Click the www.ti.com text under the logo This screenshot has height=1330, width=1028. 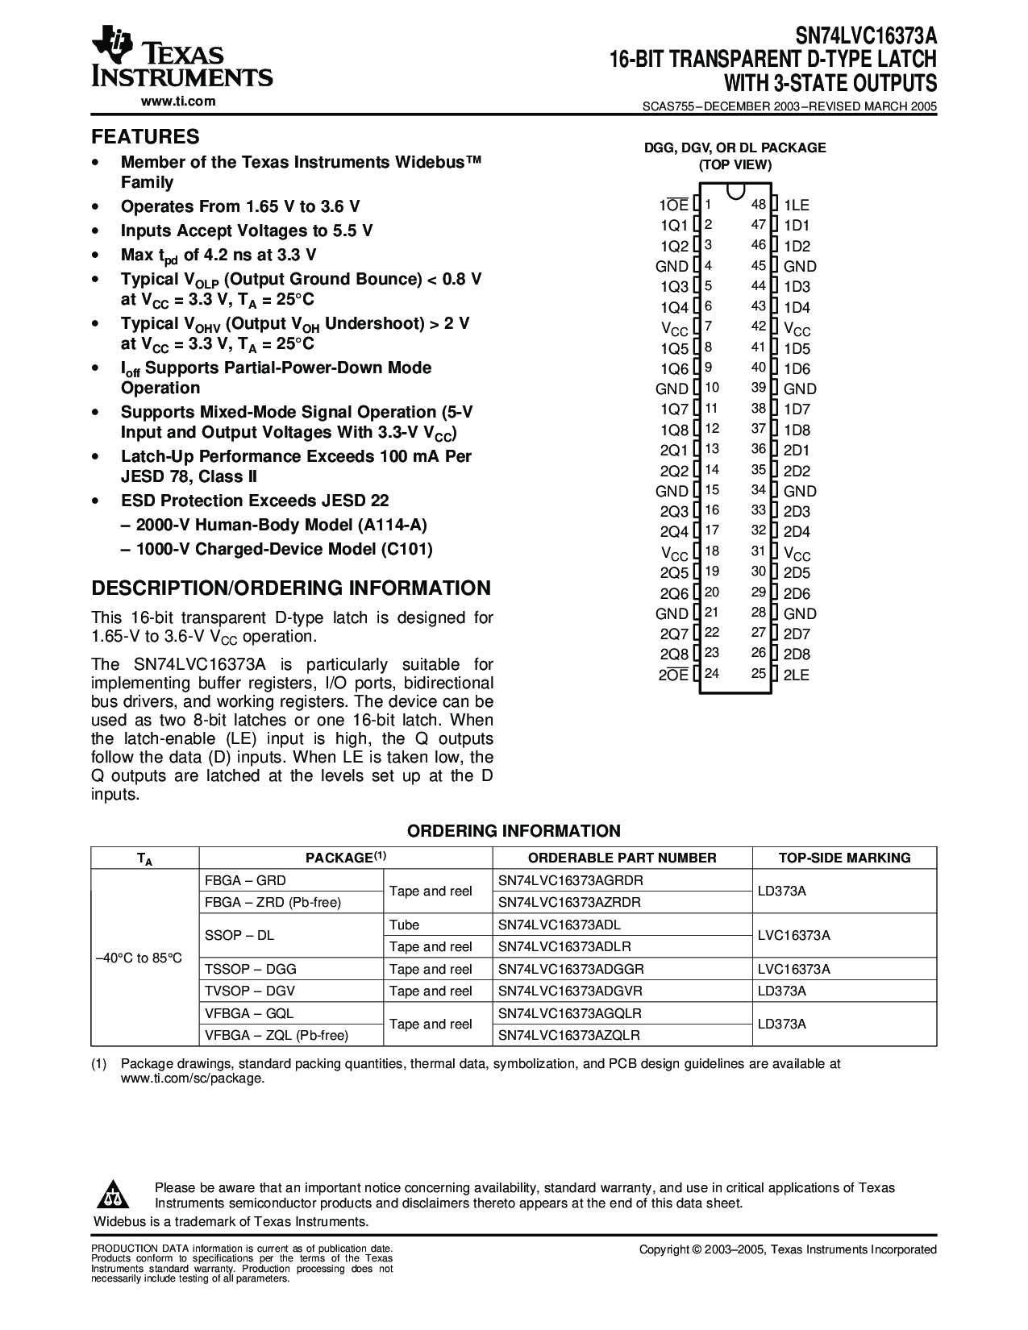click(178, 102)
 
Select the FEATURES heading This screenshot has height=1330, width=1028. click(145, 136)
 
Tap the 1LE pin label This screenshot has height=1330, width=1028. click(796, 206)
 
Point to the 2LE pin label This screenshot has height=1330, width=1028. click(796, 675)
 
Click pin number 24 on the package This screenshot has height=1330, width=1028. click(711, 673)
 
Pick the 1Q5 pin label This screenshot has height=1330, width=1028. click(674, 349)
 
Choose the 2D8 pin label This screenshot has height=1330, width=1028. click(797, 655)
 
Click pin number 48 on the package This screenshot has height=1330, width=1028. click(758, 205)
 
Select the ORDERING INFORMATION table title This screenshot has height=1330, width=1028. click(514, 831)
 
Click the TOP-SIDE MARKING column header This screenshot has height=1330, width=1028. click(844, 858)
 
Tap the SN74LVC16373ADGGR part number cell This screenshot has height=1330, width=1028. click(571, 969)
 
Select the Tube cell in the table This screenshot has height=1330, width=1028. click(404, 925)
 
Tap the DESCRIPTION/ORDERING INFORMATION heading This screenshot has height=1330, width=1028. click(290, 588)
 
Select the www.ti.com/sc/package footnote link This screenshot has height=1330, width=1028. click(192, 1078)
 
